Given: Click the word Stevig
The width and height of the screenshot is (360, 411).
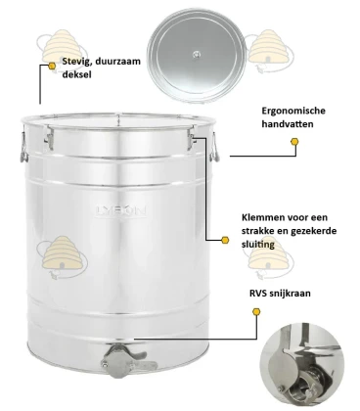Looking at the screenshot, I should click(x=78, y=62).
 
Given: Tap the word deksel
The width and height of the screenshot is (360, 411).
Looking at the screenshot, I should click(x=77, y=75).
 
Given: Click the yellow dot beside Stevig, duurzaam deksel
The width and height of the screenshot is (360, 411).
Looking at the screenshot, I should click(x=52, y=68).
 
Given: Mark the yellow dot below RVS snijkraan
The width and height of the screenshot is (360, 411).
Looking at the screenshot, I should click(x=256, y=310).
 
